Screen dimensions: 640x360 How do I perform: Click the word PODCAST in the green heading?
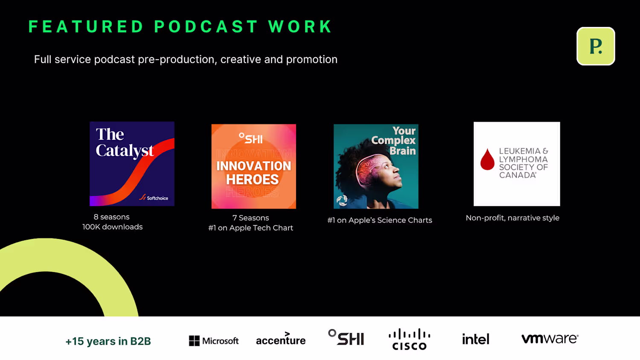tap(206, 26)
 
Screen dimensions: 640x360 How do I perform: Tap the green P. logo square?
tap(596, 46)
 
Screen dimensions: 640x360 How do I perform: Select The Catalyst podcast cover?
tap(132, 164)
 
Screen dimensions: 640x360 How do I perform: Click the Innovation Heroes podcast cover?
tap(254, 166)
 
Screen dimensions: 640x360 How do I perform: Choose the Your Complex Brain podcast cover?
tap(376, 166)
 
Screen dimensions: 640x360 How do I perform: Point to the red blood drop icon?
tap(487, 159)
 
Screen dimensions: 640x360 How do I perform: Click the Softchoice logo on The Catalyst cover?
tap(154, 198)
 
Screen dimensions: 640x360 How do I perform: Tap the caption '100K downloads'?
tap(113, 227)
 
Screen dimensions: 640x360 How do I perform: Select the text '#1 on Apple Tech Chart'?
tap(250, 228)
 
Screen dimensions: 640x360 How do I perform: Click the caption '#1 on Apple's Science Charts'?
tap(380, 220)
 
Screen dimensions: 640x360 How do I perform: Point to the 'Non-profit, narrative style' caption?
tap(512, 218)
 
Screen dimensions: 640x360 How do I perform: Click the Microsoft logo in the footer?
tap(214, 340)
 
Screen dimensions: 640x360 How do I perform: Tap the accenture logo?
tap(281, 339)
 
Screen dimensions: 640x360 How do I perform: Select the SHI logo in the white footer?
tap(346, 337)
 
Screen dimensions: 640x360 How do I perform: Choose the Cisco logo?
tap(410, 339)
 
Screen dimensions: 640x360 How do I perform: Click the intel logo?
tap(476, 339)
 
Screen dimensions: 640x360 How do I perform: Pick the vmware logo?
tap(550, 339)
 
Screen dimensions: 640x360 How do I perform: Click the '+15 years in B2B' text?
tap(108, 341)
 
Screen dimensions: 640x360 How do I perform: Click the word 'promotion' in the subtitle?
tap(312, 59)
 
